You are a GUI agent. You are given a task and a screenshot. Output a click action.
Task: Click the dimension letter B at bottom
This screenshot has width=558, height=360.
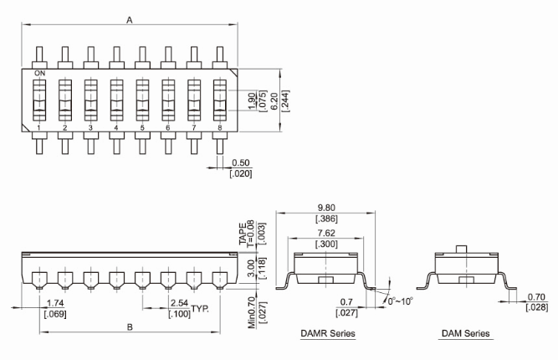(130, 327)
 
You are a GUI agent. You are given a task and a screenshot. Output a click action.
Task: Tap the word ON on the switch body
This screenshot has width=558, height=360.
(38, 75)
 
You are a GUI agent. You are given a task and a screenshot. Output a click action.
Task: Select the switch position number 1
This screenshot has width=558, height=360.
(38, 128)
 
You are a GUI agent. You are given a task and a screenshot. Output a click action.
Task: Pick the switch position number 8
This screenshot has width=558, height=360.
(219, 128)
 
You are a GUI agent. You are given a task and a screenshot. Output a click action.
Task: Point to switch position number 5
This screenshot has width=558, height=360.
(142, 128)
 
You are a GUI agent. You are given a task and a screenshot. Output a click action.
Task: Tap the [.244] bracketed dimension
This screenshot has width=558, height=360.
(287, 100)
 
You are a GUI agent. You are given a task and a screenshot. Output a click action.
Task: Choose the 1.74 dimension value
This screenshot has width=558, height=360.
(55, 303)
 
